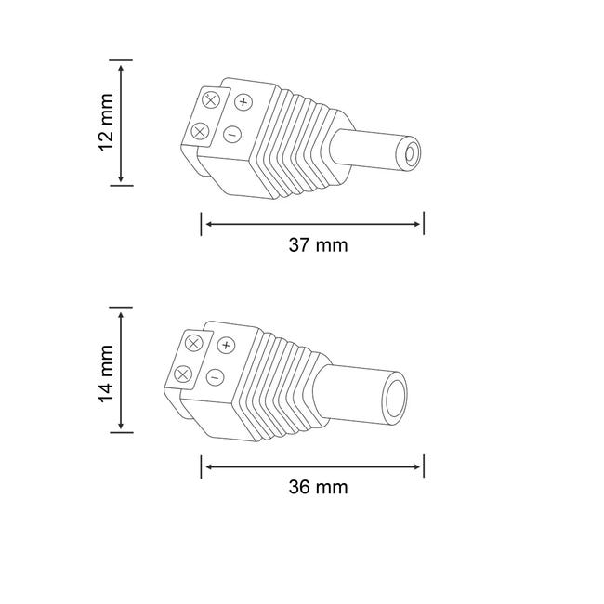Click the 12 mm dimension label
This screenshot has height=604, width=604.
point(106,122)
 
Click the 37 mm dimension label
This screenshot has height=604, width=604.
point(318,245)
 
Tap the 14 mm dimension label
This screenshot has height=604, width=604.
point(106,374)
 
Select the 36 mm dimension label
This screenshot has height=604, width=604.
point(318,487)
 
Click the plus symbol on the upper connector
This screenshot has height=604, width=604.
point(243,102)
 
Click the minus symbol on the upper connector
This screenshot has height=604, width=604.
point(232,135)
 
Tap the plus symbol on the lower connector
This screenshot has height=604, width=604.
point(226,345)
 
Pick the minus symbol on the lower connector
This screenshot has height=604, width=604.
point(216,376)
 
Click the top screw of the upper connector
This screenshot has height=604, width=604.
point(211,100)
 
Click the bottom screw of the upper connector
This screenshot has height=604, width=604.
point(200,132)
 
